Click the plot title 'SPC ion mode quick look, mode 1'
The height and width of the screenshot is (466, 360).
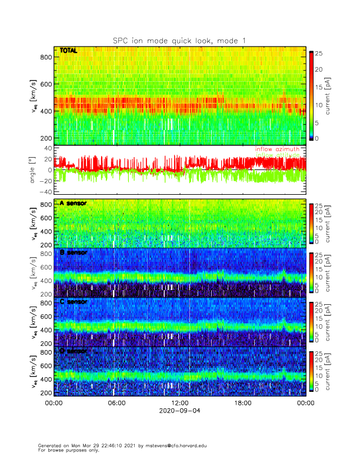coord(179,40)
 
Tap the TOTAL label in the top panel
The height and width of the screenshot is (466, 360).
coord(69,51)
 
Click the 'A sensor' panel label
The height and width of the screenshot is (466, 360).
coord(74,203)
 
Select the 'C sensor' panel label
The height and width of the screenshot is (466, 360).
coord(74,302)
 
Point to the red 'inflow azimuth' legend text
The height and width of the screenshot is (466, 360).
coord(277,149)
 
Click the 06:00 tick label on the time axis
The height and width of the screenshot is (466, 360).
coord(116,404)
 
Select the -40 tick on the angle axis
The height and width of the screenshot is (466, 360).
coord(45,192)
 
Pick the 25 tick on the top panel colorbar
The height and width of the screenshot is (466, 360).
coord(319,54)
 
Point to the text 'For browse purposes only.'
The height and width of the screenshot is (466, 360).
coord(65,450)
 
